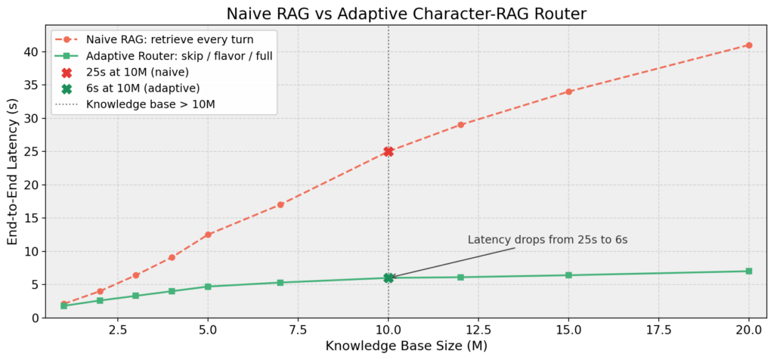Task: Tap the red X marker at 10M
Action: [389, 151]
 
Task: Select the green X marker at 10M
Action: [389, 278]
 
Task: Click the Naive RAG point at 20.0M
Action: [748, 45]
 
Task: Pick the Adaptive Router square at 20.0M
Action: [748, 271]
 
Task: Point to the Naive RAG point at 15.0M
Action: [568, 92]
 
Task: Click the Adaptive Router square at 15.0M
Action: [568, 275]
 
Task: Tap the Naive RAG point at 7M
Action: [280, 204]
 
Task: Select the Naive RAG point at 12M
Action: [460, 125]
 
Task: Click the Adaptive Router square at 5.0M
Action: [208, 287]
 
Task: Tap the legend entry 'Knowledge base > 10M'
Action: [150, 104]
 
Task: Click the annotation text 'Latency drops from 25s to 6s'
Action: [548, 240]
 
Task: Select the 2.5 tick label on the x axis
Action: [118, 331]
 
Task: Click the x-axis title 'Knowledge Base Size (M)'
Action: [406, 346]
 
